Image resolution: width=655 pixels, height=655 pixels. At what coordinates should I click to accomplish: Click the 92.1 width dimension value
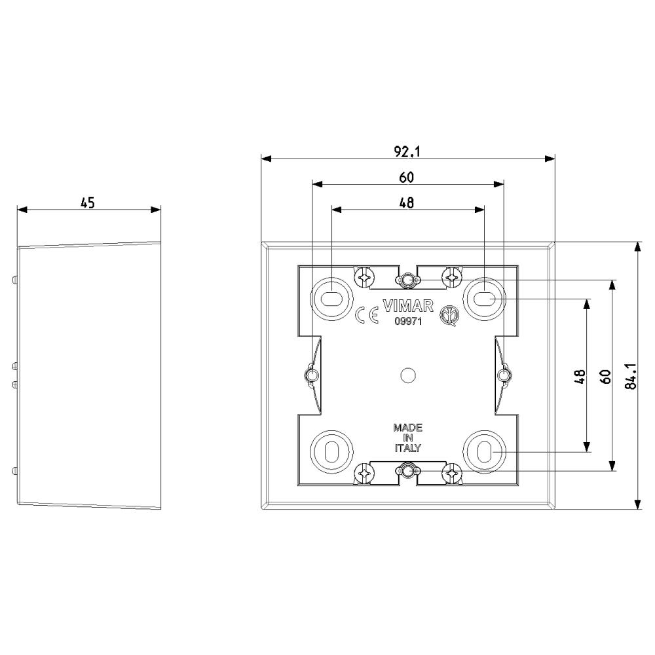[x=407, y=152]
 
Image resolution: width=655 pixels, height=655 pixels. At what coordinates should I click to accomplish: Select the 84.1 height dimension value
[x=631, y=376]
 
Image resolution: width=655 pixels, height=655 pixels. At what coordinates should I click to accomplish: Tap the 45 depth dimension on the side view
[x=88, y=203]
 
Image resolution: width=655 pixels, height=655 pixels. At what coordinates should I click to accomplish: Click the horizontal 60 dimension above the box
[x=407, y=177]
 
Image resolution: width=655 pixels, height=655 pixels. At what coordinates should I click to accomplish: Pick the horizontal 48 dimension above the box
[x=407, y=202]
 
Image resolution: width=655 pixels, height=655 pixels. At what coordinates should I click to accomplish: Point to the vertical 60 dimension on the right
[x=606, y=377]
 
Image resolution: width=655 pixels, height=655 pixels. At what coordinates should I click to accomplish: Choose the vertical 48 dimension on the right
[x=580, y=377]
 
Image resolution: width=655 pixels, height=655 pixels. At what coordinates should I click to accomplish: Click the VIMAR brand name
[x=408, y=306]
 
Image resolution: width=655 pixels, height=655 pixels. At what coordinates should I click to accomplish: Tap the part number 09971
[x=408, y=322]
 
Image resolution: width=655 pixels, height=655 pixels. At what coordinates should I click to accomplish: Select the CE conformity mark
[x=367, y=316]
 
